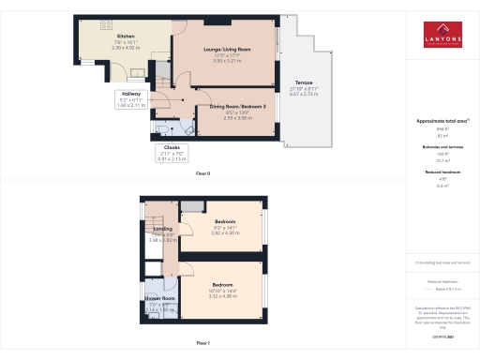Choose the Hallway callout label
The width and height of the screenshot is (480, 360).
[130, 95]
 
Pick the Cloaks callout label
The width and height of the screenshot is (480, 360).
[172, 147]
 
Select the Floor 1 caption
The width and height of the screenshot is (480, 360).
[202, 343]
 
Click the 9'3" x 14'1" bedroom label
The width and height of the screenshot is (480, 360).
[222, 223]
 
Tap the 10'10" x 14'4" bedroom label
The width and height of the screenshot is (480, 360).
[222, 284]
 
